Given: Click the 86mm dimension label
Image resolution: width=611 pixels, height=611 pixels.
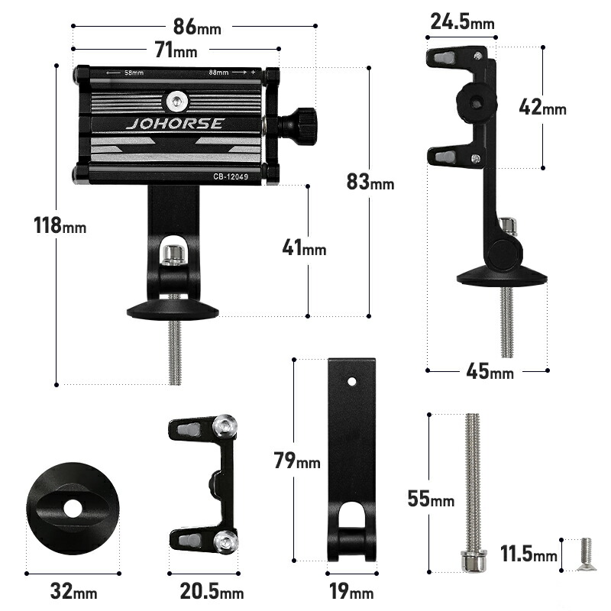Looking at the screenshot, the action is tap(197, 27).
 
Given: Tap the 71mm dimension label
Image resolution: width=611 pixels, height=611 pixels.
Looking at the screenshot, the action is tap(176, 50).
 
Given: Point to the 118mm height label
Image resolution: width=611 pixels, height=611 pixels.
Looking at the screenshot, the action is tap(60, 225).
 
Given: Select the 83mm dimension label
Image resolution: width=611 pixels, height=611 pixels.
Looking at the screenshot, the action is tap(370, 182).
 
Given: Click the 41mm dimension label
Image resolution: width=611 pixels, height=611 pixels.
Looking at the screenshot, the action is tap(304, 247).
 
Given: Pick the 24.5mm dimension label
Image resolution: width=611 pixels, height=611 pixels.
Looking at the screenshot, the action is tap(462, 21).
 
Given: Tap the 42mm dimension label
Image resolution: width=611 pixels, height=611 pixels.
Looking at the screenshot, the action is tap(542, 107).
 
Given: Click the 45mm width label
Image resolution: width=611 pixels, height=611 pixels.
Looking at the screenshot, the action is tap(490, 371).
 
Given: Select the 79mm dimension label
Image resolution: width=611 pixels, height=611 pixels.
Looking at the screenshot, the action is tap(297, 461).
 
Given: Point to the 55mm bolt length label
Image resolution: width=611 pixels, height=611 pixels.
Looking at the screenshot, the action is tap(431, 499).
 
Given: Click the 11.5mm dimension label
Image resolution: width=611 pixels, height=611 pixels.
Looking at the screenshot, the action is tap(529, 554).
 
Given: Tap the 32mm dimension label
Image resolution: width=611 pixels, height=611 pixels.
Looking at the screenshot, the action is tap(73, 591).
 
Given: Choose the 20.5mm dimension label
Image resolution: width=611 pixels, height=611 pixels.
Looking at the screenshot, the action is tap(212, 591).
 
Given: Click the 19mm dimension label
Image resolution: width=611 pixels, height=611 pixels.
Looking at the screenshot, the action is tap(351, 591).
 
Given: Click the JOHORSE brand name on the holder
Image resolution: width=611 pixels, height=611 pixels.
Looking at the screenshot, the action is tap(175, 124).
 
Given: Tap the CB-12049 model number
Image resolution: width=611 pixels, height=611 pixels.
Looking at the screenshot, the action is tap(231, 176).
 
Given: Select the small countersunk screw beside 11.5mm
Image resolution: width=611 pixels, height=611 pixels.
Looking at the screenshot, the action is tap(587, 554).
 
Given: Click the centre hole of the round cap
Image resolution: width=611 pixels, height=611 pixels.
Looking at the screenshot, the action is tap(73, 509).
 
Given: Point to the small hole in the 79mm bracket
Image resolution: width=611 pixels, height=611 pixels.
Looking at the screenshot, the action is tap(352, 381).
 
